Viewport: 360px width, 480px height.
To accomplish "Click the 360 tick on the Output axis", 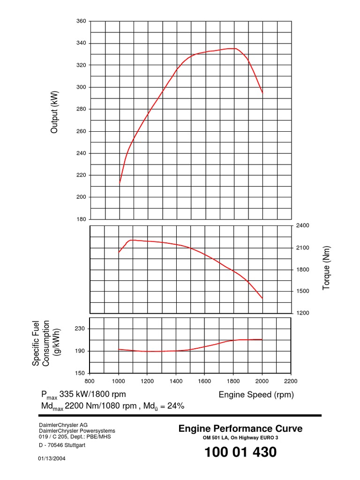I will point(81,22).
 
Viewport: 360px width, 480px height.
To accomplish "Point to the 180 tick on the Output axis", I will point(81,219).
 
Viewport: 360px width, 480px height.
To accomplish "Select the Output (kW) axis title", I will point(54,112).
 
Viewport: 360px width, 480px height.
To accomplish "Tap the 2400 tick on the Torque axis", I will point(303,225).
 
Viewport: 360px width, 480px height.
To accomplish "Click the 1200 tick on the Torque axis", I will point(303,313).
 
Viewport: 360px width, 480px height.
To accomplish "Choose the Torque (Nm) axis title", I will point(327,268).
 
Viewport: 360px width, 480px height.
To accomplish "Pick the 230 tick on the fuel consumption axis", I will point(80,329).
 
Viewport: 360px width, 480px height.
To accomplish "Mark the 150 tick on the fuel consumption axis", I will point(80,373).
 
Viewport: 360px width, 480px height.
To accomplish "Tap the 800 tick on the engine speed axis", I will point(90,381).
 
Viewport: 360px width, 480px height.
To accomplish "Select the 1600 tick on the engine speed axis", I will point(204,381).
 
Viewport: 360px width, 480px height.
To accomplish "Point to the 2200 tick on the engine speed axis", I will point(291,381).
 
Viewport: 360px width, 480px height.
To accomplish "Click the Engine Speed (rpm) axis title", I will point(256,395).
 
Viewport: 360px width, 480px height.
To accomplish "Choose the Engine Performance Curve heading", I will point(240,428).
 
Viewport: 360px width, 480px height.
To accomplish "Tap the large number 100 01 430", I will point(240,453).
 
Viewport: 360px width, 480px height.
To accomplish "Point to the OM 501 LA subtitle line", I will point(240,438).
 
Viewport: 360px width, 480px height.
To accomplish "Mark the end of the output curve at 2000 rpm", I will point(262,93).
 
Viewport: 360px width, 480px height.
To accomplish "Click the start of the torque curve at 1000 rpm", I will point(119,252).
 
